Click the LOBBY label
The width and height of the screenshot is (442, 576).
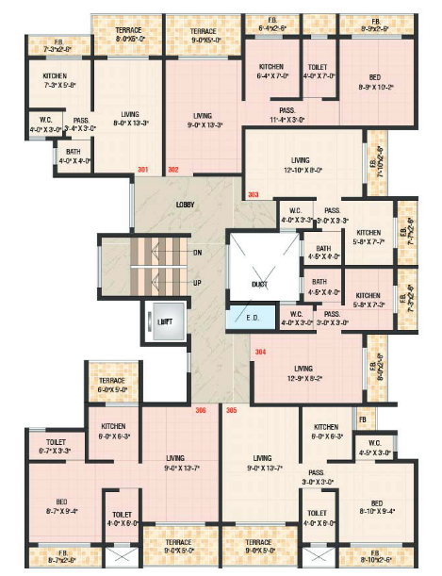pos(185,205)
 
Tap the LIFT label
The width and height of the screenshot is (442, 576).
pos(165,322)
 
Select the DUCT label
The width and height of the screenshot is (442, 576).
pos(259,283)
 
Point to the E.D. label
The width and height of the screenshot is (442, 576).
pos(254,317)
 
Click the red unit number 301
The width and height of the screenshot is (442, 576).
pos(143,171)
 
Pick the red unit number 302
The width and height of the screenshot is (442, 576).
pos(172,171)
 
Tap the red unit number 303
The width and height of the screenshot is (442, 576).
pos(254,195)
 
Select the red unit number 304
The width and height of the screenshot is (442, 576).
pos(260,352)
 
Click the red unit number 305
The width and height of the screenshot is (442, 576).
pos(231,410)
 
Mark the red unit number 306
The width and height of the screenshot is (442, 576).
pos(200,410)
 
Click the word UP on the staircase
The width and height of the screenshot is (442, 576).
pos(196,283)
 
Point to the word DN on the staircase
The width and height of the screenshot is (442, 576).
pos(196,253)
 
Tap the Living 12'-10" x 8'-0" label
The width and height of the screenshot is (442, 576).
pos(301,165)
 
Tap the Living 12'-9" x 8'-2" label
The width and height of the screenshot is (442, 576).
pos(303,372)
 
